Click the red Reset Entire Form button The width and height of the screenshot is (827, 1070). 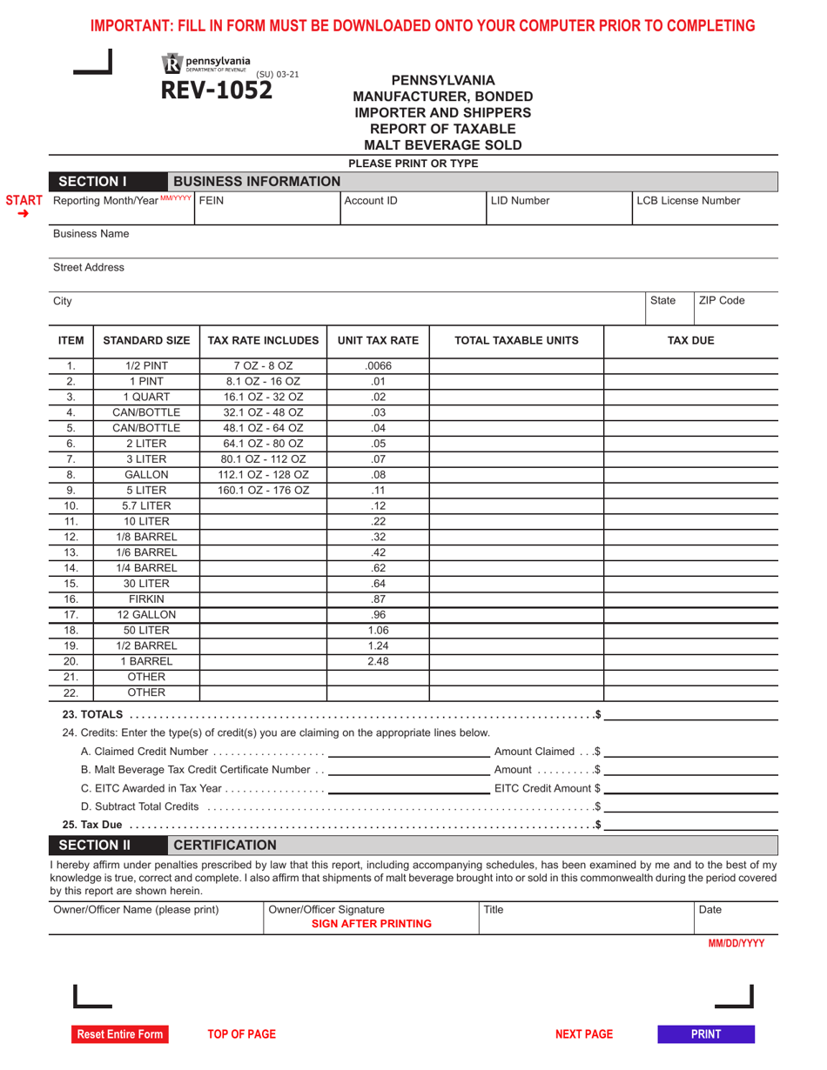point(119,1034)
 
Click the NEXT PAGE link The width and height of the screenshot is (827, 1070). point(584,1034)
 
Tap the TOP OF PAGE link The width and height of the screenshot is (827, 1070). point(241,1034)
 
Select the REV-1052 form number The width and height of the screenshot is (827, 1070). point(215,90)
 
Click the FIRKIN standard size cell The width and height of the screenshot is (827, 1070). point(146,599)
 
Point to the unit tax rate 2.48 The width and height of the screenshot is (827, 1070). point(378,661)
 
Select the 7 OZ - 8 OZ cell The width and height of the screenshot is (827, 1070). point(263,366)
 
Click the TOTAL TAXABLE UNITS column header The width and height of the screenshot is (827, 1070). point(516,341)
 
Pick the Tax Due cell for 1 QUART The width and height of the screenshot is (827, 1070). point(690,398)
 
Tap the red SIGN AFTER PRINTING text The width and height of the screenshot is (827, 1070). point(372,924)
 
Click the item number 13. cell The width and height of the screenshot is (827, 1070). point(71,552)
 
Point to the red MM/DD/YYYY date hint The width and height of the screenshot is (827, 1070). point(736,943)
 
